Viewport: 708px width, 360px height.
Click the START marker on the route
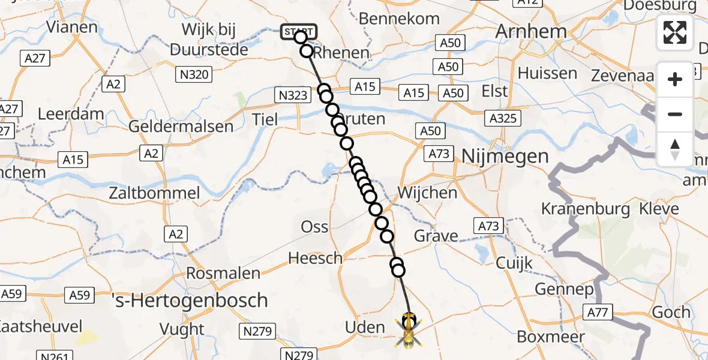(x=297, y=31)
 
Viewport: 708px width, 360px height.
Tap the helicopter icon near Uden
(x=409, y=331)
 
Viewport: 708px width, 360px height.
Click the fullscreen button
(x=675, y=32)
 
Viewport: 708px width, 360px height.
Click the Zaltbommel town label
(x=154, y=193)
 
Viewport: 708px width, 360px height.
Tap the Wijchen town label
(x=427, y=193)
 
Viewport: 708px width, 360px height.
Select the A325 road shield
(x=503, y=118)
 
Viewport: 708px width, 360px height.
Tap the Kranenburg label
(x=586, y=209)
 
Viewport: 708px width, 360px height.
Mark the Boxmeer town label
(x=550, y=337)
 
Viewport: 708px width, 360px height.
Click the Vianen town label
(x=71, y=27)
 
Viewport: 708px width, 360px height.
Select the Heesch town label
(x=315, y=259)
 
